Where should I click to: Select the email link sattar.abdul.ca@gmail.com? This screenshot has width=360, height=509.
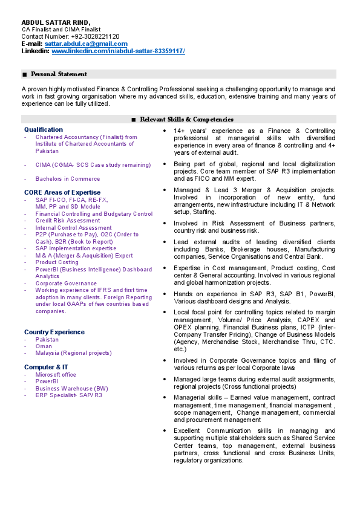tap(86, 44)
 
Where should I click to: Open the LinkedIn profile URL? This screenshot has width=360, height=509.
tap(118, 51)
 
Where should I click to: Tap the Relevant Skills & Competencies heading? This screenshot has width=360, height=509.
tap(186, 120)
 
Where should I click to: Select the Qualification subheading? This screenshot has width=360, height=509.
tap(43, 129)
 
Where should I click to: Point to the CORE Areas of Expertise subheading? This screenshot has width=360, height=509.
tap(62, 192)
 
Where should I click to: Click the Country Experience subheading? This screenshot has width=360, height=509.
tap(54, 332)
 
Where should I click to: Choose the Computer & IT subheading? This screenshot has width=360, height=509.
tap(46, 367)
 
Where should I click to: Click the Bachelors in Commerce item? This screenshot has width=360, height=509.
tap(68, 179)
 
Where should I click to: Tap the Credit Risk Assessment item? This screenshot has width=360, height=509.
tap(68, 221)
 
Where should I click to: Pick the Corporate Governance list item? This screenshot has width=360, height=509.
tap(66, 283)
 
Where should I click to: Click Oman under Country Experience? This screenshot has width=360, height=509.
tap(44, 346)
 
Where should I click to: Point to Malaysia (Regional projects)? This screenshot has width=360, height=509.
tap(73, 353)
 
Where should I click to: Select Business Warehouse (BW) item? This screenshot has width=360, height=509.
tap(71, 389)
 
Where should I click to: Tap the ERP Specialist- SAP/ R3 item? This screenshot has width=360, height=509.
tap(68, 395)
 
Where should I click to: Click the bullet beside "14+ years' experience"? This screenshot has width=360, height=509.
tap(166, 131)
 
